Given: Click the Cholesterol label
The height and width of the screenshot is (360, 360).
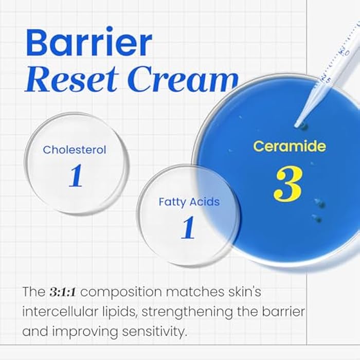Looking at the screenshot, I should (x=75, y=150).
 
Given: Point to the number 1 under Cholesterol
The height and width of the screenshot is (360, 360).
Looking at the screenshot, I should (x=76, y=176).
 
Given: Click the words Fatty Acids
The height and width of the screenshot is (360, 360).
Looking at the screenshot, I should (x=189, y=202).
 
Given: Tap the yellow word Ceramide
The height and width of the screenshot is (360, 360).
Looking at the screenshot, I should (x=289, y=146).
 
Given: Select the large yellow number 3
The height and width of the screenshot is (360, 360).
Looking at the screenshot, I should (x=288, y=184).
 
